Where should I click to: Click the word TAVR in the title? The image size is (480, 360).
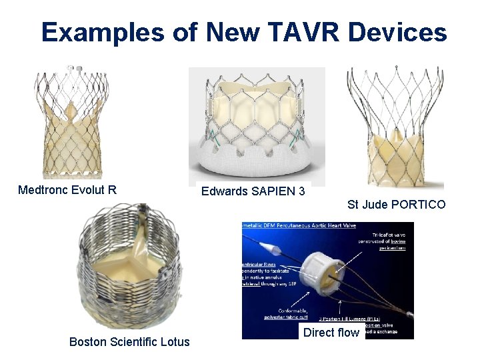(297, 31)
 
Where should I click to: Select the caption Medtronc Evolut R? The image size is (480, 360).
(67, 190)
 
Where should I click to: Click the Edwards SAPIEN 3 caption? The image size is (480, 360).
(253, 191)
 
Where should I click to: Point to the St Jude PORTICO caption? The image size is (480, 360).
(396, 204)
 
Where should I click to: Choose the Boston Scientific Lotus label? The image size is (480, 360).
(129, 342)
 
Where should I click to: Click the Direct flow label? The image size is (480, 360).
(331, 333)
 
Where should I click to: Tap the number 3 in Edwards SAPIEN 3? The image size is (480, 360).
(302, 191)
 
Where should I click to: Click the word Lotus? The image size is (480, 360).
(175, 342)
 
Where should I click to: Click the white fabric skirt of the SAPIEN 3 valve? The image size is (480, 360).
(257, 167)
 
